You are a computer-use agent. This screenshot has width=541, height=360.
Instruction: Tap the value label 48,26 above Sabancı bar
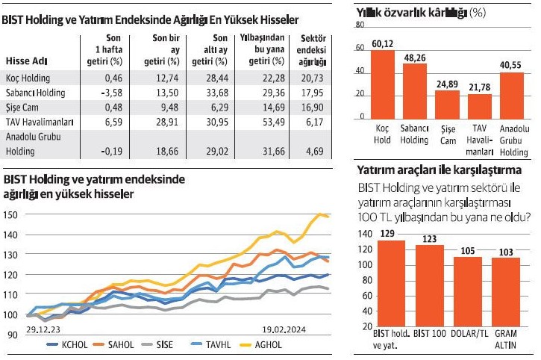point(415,57)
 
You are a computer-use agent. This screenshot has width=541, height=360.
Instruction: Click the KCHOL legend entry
point(71,344)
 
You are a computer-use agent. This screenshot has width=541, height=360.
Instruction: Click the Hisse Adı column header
point(27,60)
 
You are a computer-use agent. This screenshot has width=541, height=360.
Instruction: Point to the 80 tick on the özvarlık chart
point(360,25)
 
